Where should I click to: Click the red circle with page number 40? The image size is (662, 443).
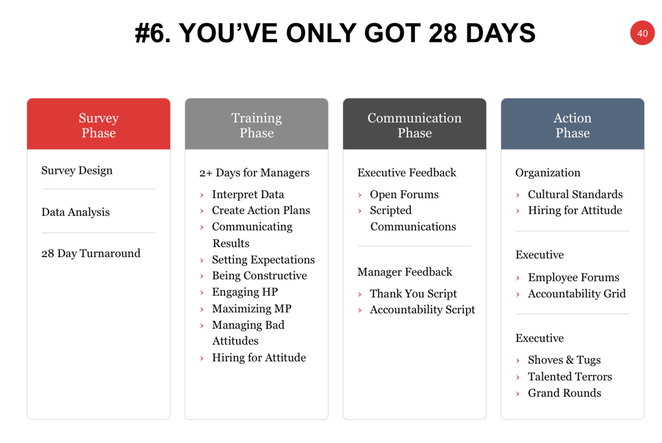[x=642, y=33]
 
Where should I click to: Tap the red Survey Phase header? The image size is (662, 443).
[x=98, y=124]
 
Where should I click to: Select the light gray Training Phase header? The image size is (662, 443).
[x=257, y=124]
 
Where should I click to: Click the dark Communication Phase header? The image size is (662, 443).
[x=414, y=124]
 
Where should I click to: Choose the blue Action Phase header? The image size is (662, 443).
[x=573, y=124]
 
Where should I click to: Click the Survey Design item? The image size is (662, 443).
[x=77, y=170]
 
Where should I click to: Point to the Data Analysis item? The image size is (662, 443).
[x=76, y=212]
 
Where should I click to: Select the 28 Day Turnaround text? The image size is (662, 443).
[x=90, y=254]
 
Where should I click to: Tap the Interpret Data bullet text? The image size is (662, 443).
[x=248, y=194]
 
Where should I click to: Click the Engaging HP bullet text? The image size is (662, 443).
[x=245, y=292]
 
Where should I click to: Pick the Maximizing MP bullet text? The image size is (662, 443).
[x=252, y=308]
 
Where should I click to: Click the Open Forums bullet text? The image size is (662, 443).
[x=404, y=194]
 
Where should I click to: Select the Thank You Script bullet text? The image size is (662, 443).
[x=413, y=293]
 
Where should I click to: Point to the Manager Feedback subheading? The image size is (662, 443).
[x=404, y=272]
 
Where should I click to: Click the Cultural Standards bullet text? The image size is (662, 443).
[x=575, y=194]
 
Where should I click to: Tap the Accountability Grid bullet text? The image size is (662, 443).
[x=577, y=293]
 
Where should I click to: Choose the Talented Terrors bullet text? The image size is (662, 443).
[x=570, y=377]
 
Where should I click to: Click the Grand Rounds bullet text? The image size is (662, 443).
[x=564, y=393]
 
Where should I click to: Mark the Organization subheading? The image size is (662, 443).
[x=548, y=173]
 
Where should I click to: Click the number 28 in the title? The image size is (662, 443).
[x=442, y=33]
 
